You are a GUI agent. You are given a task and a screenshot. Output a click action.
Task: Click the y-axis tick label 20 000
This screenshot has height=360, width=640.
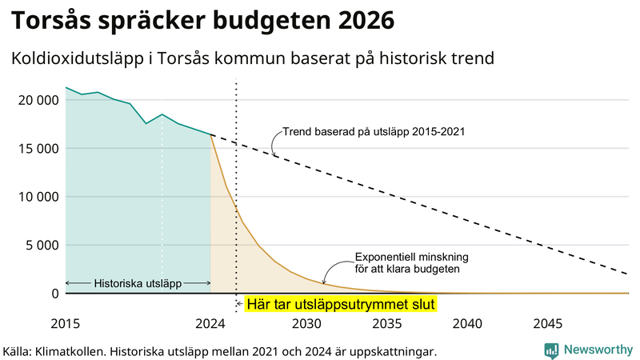[x=37, y=100]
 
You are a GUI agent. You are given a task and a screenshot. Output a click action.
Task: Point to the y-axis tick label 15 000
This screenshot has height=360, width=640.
[x=37, y=149]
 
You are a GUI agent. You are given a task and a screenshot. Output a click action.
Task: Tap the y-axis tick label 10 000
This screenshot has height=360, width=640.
[x=37, y=197]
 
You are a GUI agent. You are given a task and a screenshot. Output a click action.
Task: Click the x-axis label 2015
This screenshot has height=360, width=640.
[x=65, y=324]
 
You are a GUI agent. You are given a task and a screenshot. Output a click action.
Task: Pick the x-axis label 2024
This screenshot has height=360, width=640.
[x=210, y=324]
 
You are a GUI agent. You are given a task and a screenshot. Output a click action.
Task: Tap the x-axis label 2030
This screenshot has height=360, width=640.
[x=306, y=324]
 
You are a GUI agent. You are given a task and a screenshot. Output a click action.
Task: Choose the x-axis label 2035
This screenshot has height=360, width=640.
[x=387, y=324]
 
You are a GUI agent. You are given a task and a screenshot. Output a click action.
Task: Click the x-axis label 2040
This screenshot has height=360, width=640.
[x=467, y=324]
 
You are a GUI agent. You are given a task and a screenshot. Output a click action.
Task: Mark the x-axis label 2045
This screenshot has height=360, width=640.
[x=548, y=324]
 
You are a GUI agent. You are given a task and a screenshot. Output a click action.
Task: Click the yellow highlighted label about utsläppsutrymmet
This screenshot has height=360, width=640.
[x=339, y=305]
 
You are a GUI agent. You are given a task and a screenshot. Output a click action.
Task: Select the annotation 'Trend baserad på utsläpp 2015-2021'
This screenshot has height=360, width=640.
[x=374, y=131]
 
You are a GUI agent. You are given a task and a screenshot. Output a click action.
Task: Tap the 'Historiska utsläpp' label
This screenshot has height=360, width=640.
[x=138, y=283]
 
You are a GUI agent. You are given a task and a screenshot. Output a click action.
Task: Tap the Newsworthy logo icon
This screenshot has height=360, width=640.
[x=551, y=350]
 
